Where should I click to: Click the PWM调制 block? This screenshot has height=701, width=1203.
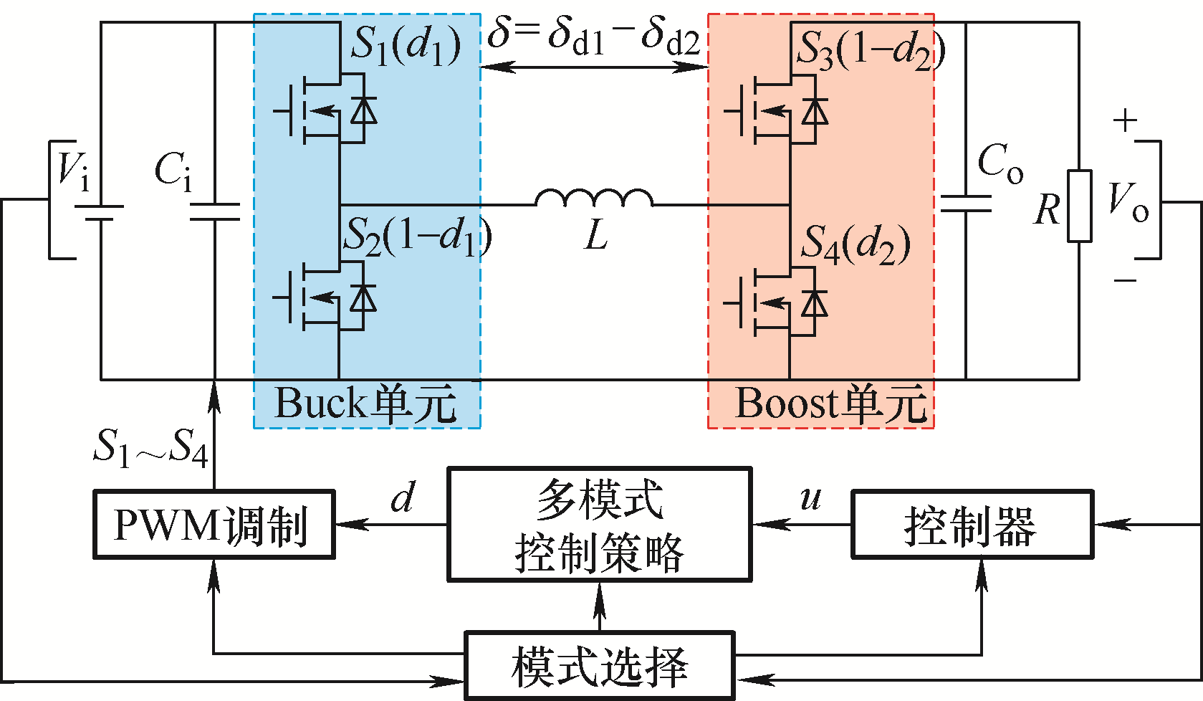click(214, 524)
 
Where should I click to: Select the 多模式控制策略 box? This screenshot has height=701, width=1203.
click(600, 524)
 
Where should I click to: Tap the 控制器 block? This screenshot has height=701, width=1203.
click(972, 524)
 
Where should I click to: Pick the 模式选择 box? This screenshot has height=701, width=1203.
click(600, 666)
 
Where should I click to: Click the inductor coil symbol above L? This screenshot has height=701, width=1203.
click(594, 198)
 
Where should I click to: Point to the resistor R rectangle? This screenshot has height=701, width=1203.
click(1080, 206)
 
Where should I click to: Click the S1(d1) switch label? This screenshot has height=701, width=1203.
click(406, 45)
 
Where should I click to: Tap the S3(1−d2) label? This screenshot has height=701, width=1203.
click(871, 50)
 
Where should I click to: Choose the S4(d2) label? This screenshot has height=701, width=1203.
click(855, 244)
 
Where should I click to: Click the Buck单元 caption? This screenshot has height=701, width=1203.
click(365, 404)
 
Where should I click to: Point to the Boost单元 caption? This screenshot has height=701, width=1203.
click(831, 404)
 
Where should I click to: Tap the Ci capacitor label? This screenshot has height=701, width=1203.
click(173, 171)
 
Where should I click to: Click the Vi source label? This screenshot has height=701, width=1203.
click(74, 170)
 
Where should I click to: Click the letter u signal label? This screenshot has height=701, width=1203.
click(810, 499)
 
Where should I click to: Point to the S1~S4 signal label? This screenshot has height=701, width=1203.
click(150, 449)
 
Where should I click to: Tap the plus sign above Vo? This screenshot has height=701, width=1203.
click(1125, 120)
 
